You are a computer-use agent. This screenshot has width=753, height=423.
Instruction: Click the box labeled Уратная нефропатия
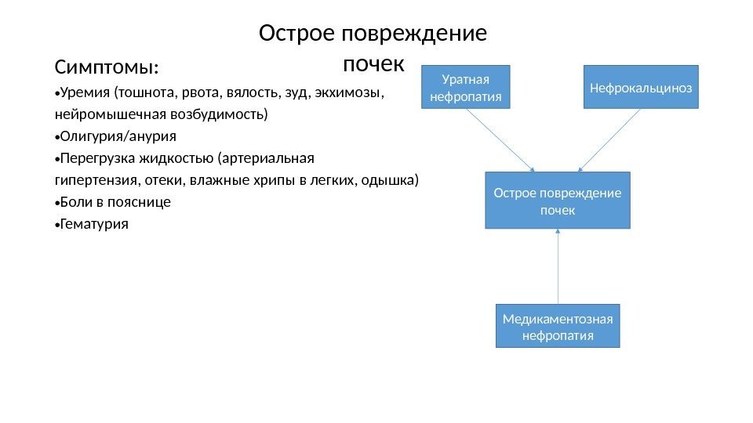pos(466,87)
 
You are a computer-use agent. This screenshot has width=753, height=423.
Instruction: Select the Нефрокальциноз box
pos(641,87)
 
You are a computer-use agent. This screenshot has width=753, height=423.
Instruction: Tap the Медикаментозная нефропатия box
pos(558,326)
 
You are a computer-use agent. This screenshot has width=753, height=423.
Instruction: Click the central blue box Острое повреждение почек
pos(558,201)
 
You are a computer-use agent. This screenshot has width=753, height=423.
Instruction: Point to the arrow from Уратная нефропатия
pos(500,139)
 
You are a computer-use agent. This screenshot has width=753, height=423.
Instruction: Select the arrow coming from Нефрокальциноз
pos(609,139)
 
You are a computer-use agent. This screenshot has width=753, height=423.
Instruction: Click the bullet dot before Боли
pos(56,203)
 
